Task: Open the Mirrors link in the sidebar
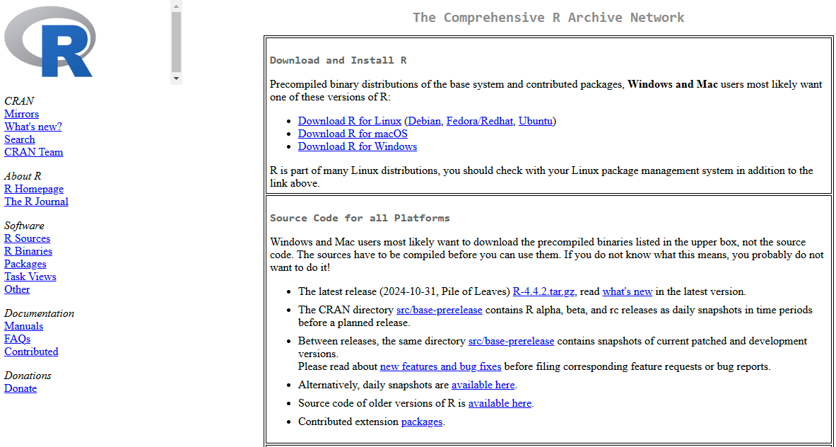tap(21, 114)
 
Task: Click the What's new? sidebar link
tap(33, 127)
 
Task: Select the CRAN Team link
tap(33, 152)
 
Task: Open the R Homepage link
tap(34, 189)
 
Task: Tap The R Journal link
tap(36, 202)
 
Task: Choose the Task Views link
tap(30, 277)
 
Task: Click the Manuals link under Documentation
tap(23, 326)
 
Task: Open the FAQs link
tap(17, 339)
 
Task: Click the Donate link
tap(20, 388)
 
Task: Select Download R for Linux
tap(349, 121)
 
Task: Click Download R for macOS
tap(353, 134)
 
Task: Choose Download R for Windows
tap(357, 146)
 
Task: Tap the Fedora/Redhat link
tap(479, 121)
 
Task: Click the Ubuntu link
tap(535, 121)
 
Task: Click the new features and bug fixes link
tap(440, 366)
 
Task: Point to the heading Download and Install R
tap(338, 61)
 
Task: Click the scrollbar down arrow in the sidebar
tap(176, 79)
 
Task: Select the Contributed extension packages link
tap(421, 422)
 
